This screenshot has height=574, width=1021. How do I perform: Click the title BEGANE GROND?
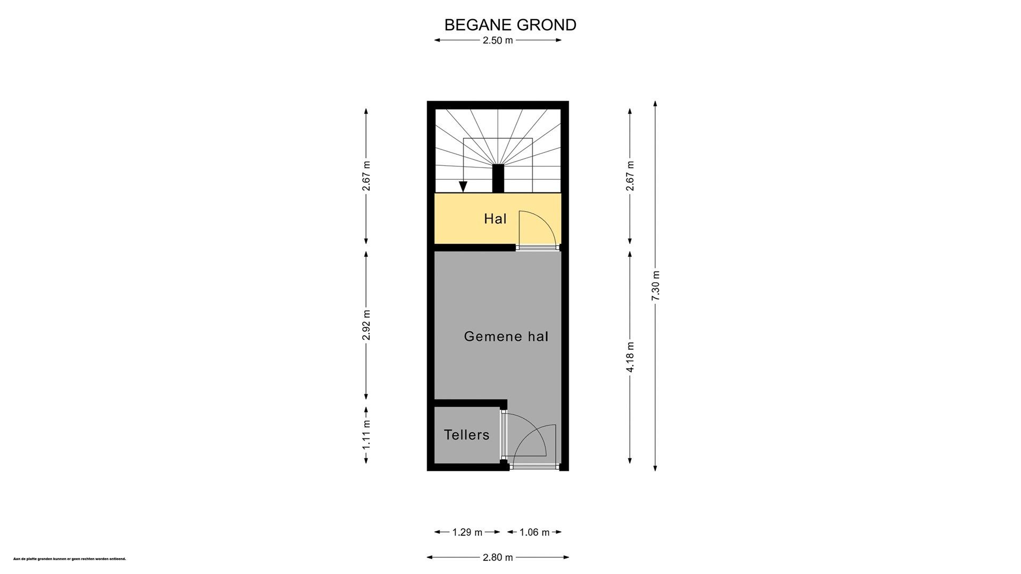click(510, 25)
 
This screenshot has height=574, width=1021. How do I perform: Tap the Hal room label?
click(495, 218)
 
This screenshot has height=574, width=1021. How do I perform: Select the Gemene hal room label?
click(506, 336)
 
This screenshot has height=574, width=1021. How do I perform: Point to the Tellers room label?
click(466, 435)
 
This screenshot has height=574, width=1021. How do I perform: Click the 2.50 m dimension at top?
click(498, 40)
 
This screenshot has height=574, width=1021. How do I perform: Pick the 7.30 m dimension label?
click(656, 286)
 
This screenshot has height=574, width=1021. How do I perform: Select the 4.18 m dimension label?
click(630, 357)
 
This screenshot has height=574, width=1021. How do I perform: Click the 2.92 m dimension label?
click(366, 325)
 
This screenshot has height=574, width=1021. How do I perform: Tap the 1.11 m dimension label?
click(366, 435)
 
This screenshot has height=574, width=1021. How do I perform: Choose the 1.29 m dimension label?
click(467, 532)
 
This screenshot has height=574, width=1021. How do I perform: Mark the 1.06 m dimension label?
click(534, 532)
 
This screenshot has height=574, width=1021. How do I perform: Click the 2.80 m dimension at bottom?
click(498, 558)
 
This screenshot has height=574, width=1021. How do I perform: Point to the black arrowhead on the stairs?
click(463, 187)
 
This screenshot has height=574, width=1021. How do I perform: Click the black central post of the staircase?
click(498, 178)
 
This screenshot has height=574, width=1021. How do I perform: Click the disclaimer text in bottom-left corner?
click(69, 559)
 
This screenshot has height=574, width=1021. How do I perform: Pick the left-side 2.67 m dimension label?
click(366, 175)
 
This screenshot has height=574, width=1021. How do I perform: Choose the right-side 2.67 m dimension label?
click(630, 175)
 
